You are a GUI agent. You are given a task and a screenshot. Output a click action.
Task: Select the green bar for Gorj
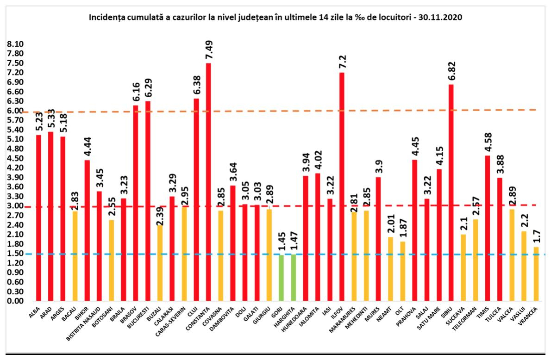[x=281, y=278]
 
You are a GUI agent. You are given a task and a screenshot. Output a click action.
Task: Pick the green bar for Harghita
[x=293, y=277]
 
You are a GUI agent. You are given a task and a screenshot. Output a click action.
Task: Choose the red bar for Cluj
[x=196, y=199]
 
